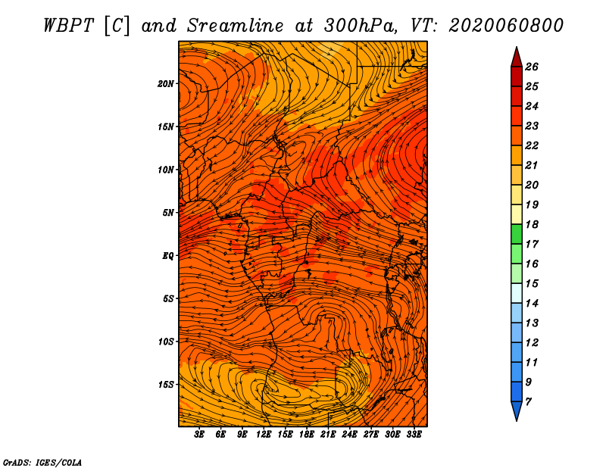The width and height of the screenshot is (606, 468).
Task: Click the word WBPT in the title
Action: click(x=67, y=25)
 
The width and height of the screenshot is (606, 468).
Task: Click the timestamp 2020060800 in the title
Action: click(x=506, y=25)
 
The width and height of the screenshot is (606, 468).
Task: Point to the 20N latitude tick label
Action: click(x=167, y=83)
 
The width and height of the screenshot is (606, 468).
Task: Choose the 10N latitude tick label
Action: click(x=167, y=170)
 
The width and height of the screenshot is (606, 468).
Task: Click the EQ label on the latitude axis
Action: click(x=168, y=255)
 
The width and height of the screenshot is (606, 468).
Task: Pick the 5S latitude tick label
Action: click(x=169, y=298)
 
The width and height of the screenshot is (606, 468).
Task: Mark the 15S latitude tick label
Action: click(x=167, y=384)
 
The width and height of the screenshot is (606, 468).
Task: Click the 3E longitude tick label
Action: click(x=199, y=434)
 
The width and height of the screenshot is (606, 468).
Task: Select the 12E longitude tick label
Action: click(x=264, y=434)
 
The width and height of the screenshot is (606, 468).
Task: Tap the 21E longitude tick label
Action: click(x=328, y=434)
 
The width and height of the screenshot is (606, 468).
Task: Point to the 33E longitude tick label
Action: click(x=414, y=434)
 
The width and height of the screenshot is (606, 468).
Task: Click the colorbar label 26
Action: click(x=532, y=67)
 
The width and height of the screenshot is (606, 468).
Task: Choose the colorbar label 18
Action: click(x=532, y=225)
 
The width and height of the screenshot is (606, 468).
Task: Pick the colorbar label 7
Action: click(x=528, y=401)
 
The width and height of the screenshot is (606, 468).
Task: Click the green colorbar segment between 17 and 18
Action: click(x=516, y=235)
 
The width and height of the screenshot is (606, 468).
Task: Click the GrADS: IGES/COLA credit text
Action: click(x=42, y=461)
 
